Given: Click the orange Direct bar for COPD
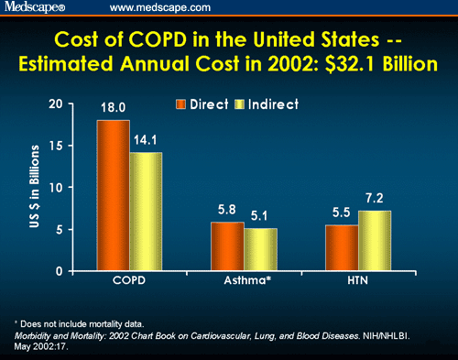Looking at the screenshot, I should coord(113,195).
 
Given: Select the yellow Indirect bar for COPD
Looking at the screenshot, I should coord(146,212).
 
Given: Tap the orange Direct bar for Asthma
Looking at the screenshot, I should coord(227,246).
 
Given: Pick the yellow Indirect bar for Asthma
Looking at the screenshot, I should coord(260,249).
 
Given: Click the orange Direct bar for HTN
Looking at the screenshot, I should coord(342,247).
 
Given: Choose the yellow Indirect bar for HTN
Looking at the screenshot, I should coord(375,241).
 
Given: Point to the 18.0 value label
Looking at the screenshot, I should coord(113,108).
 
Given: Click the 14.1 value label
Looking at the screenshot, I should coord(147,140).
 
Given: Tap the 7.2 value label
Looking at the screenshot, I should coord(375,199).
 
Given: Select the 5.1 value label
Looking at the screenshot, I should coord(261,216).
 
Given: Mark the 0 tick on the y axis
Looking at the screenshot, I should coord(83,271).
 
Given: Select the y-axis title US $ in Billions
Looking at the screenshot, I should coord(61,187).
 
